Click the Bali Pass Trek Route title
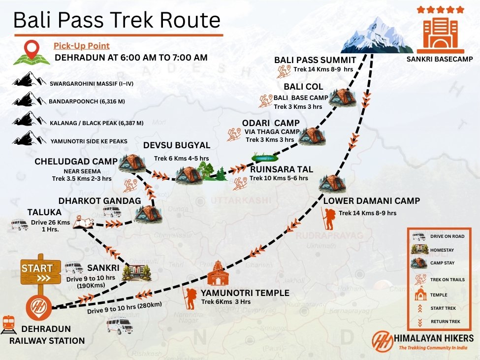pos(117,20)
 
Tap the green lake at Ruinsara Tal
pos(265,158)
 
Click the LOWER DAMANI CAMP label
pos(372,201)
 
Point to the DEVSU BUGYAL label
pos(177,145)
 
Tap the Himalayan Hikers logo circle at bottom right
pos(383,341)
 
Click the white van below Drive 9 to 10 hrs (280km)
pos(120,325)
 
